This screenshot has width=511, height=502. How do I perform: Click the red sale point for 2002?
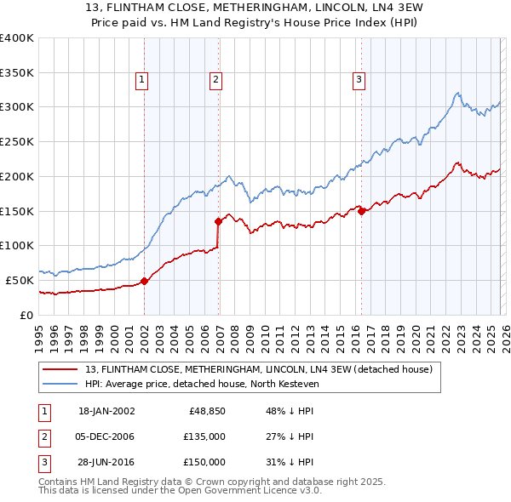(144, 281)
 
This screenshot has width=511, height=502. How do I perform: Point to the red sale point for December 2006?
(218, 221)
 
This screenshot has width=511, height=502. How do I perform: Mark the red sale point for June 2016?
(361, 211)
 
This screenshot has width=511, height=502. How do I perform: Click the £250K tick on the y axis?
(17, 142)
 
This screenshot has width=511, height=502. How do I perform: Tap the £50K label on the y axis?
(20, 280)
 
